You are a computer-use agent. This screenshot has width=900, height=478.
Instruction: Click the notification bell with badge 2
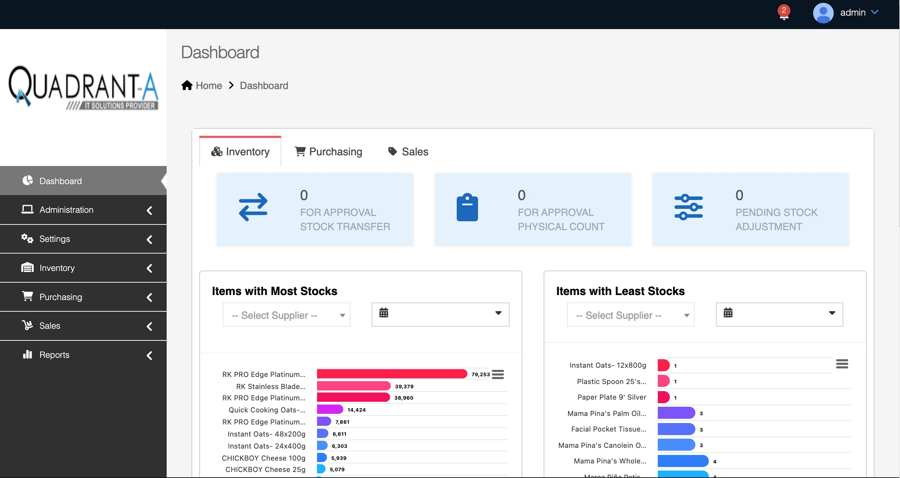pyautogui.click(x=784, y=13)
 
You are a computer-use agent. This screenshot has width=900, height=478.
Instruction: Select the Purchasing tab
pyautogui.click(x=328, y=152)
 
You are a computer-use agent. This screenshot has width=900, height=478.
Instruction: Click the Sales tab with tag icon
pyautogui.click(x=408, y=152)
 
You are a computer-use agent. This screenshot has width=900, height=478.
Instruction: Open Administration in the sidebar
pyautogui.click(x=66, y=210)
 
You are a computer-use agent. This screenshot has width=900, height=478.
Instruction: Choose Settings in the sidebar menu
pyautogui.click(x=55, y=239)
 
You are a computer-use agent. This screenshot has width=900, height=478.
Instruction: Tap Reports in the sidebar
pyautogui.click(x=54, y=355)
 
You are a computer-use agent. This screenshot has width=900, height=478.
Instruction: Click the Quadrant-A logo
pyautogui.click(x=83, y=88)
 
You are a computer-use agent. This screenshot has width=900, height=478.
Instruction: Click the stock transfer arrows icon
pyautogui.click(x=253, y=207)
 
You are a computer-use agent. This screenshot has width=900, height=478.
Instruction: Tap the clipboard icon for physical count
pyautogui.click(x=467, y=207)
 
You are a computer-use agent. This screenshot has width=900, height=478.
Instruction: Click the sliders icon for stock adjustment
pyautogui.click(x=688, y=207)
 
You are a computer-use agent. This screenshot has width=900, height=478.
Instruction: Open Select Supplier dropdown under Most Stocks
pyautogui.click(x=286, y=315)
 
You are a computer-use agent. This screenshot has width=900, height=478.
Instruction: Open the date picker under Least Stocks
pyautogui.click(x=779, y=314)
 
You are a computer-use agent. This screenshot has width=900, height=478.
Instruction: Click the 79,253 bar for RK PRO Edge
pyautogui.click(x=391, y=374)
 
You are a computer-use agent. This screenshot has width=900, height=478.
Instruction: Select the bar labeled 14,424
pyautogui.click(x=329, y=410)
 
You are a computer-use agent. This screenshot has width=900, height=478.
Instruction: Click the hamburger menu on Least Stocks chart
pyautogui.click(x=842, y=364)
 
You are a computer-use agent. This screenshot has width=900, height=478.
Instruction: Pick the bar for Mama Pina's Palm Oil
pyautogui.click(x=676, y=413)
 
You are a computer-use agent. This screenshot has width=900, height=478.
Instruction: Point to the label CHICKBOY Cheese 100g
pyautogui.click(x=263, y=458)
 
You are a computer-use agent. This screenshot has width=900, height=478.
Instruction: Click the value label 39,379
pyautogui.click(x=404, y=387)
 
